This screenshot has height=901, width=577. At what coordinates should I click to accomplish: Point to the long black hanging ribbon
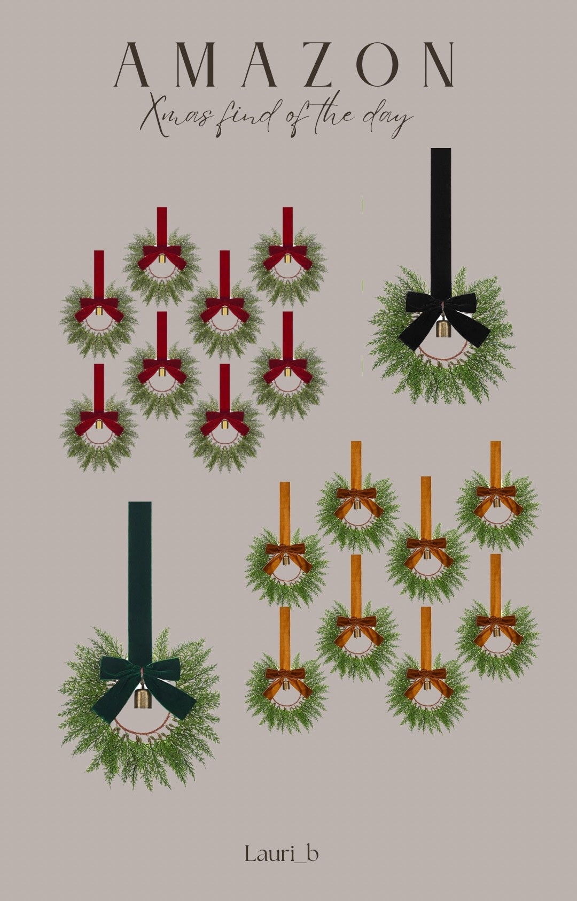coord(441,224)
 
